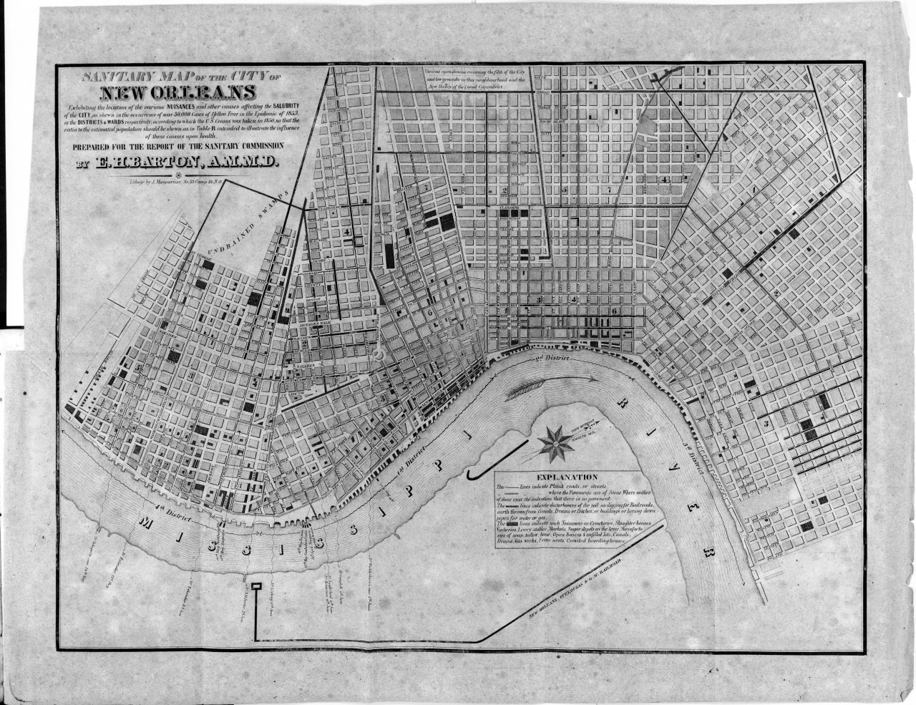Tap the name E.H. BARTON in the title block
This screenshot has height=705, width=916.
pos(176,164)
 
